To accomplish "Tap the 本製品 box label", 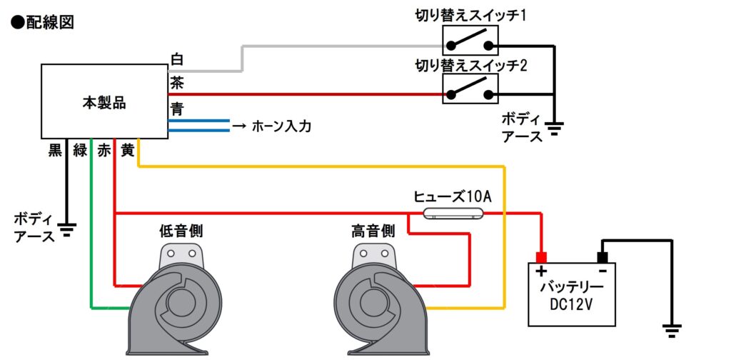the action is click(104, 103).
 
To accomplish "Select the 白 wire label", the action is click(177, 60).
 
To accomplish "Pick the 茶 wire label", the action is click(177, 84).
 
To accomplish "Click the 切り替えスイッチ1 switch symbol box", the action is click(470, 41).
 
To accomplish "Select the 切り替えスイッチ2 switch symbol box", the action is click(470, 89).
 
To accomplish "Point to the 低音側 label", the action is click(181, 231).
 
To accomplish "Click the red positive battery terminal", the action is click(541, 257).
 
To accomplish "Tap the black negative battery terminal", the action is click(603, 257).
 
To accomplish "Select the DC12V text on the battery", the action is click(573, 304).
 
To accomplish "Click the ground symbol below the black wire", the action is click(67, 229).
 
